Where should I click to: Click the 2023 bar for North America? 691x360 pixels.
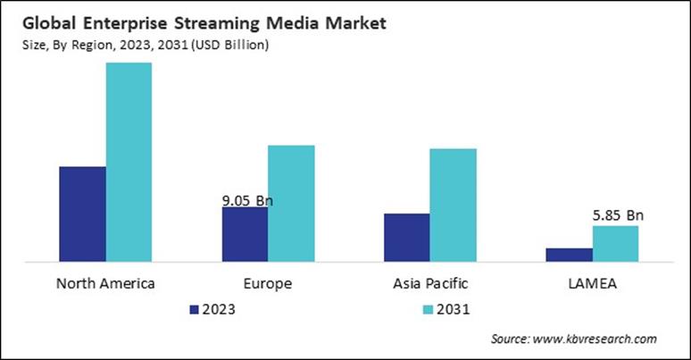point(82,213)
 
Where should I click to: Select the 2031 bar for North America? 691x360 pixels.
point(129,162)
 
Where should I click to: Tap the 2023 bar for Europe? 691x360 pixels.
point(245,234)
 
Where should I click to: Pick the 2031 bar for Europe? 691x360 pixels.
point(291,203)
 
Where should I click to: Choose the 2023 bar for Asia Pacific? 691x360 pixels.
point(406,238)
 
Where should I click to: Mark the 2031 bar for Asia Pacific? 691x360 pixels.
point(453,205)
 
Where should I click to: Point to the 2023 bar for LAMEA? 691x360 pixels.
point(569,255)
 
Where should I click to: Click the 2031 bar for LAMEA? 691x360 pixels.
point(615,243)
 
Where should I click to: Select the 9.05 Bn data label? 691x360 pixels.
point(247,200)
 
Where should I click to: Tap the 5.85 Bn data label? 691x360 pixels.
point(618,215)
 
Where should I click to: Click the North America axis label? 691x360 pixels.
point(105,284)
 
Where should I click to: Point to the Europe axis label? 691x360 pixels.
point(268,284)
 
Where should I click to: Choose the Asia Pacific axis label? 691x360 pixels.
point(429,284)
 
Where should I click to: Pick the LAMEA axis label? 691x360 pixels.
point(592,284)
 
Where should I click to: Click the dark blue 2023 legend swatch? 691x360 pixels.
point(194,310)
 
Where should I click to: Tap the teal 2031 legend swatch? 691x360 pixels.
point(429,310)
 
